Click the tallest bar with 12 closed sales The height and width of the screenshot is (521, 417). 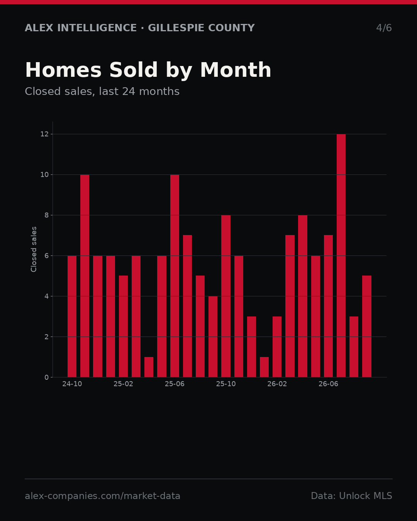341,255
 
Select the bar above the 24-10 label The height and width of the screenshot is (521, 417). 72,316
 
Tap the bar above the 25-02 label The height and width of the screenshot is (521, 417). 123,326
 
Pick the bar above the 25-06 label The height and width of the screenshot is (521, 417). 175,276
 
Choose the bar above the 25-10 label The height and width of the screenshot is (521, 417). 226,296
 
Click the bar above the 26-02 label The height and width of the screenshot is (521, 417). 277,347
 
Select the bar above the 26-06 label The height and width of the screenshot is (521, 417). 328,306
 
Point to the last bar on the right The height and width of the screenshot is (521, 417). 367,326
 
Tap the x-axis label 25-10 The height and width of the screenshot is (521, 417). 226,384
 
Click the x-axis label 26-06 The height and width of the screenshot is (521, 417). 328,384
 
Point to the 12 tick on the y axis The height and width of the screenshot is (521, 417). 44,134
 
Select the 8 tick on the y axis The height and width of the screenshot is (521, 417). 47,215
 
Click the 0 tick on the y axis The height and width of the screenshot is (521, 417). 47,377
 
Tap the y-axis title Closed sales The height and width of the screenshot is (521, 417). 34,249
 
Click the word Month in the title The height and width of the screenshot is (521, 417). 236,70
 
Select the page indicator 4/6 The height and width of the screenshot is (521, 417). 384,28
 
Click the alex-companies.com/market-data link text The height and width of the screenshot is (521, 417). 102,496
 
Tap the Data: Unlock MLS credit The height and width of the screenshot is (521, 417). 352,496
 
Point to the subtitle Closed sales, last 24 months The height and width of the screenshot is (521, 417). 102,91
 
